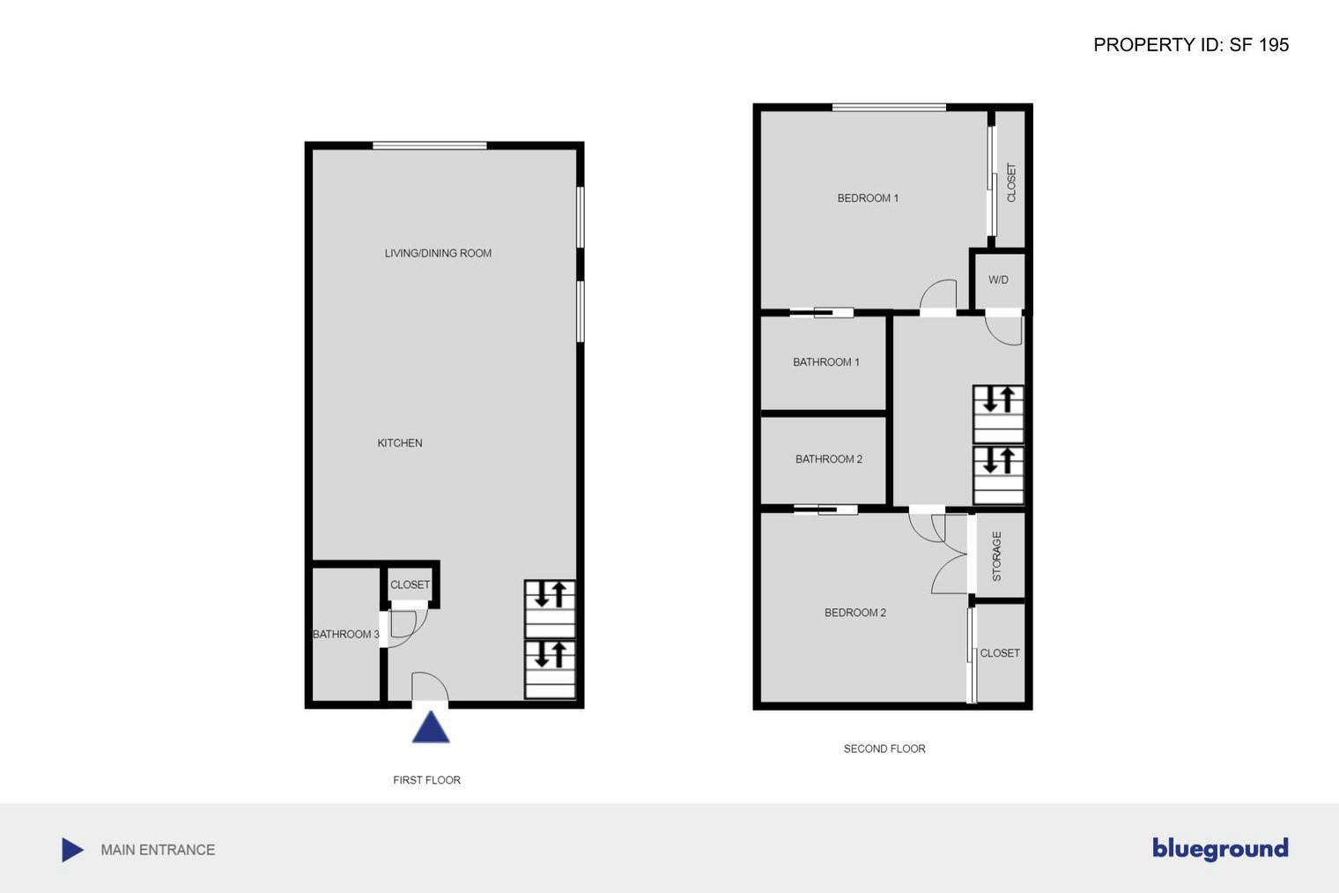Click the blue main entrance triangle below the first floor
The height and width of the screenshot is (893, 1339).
pos(431,728)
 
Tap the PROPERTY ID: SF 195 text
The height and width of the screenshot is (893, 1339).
pos(1190,45)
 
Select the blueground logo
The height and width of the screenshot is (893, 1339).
pos(1219,848)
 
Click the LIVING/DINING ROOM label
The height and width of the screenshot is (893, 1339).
pos(438,253)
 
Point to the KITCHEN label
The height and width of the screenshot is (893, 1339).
pos(400,443)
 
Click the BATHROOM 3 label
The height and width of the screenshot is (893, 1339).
pos(346,635)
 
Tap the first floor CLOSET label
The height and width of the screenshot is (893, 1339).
pos(410,584)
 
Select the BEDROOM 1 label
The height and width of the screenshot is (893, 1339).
pos(868,198)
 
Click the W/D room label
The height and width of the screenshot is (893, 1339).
pos(998,280)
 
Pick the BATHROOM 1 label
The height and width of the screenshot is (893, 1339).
pos(825,362)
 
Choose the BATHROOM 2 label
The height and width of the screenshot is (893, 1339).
pos(828,459)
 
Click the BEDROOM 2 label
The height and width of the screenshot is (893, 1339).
pos(854,613)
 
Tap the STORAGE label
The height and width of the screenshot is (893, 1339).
pos(997,556)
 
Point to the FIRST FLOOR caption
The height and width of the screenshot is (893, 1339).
pos(426,780)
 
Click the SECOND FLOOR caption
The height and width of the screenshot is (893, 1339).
pos(884,749)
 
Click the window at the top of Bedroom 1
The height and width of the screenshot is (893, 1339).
pos(889,108)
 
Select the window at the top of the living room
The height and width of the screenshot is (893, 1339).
pos(429,145)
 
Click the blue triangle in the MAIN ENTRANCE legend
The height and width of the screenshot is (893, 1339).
pos(72,850)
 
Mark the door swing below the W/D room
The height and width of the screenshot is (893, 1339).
pos(1004,329)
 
